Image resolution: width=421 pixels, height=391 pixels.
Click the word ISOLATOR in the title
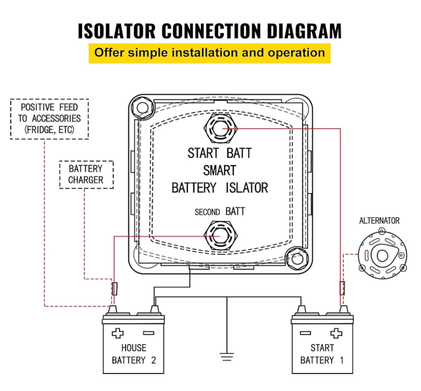[x=117, y=31]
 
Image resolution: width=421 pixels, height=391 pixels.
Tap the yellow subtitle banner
[x=209, y=53]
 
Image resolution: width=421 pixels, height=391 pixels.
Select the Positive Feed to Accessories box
[x=49, y=119]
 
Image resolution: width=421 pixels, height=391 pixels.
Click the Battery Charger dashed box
[x=86, y=174]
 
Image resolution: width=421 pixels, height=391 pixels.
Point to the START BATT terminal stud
[x=221, y=128]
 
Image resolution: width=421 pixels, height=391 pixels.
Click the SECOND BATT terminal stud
[x=221, y=236]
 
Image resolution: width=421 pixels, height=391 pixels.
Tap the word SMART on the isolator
[x=220, y=170]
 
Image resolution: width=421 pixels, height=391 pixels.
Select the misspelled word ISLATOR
[x=247, y=188]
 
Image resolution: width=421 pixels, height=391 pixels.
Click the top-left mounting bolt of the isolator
[x=142, y=108]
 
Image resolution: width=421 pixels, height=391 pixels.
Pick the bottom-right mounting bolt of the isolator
[x=297, y=259]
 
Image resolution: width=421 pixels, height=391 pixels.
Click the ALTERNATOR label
[x=379, y=221]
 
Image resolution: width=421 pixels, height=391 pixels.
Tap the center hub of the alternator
[x=382, y=255]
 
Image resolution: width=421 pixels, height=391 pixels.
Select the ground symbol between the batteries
[x=227, y=356]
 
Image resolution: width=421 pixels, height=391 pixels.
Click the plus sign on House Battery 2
[x=118, y=333]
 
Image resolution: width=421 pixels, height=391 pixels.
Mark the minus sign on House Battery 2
[x=148, y=333]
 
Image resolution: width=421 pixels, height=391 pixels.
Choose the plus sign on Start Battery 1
[x=336, y=333]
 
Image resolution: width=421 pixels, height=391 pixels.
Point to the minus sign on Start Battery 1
[x=305, y=333]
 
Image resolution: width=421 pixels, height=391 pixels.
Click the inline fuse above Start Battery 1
[x=342, y=288]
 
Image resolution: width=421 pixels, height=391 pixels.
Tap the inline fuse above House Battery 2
[x=115, y=289]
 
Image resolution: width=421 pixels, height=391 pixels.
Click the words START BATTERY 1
[x=322, y=354]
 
